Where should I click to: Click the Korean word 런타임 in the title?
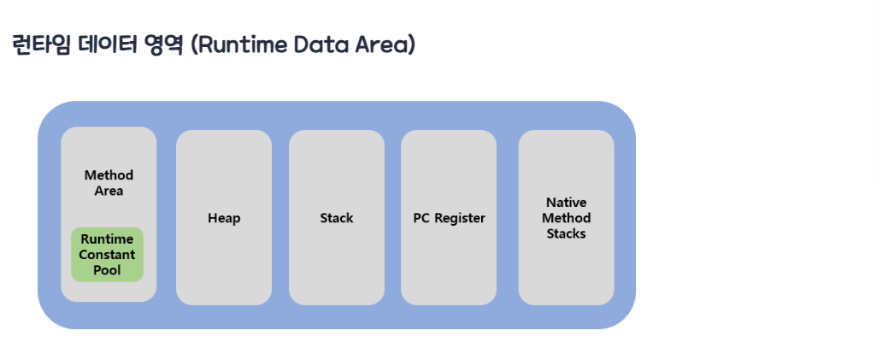tap(40, 45)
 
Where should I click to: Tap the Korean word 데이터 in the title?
tap(106, 45)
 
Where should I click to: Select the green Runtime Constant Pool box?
tap(108, 254)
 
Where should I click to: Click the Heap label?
tap(224, 218)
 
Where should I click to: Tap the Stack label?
tap(337, 218)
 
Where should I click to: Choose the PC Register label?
tap(449, 218)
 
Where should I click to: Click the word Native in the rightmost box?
tap(567, 202)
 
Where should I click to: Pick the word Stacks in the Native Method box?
tap(567, 233)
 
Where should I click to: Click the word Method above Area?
tap(109, 175)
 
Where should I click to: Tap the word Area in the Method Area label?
tap(109, 191)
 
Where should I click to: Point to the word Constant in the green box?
tap(107, 254)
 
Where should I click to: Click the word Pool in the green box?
tap(107, 270)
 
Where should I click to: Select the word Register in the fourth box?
tap(460, 219)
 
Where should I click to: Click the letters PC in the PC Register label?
tap(421, 218)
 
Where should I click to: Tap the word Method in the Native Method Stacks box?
tap(567, 218)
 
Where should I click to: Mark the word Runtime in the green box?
tap(107, 239)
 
